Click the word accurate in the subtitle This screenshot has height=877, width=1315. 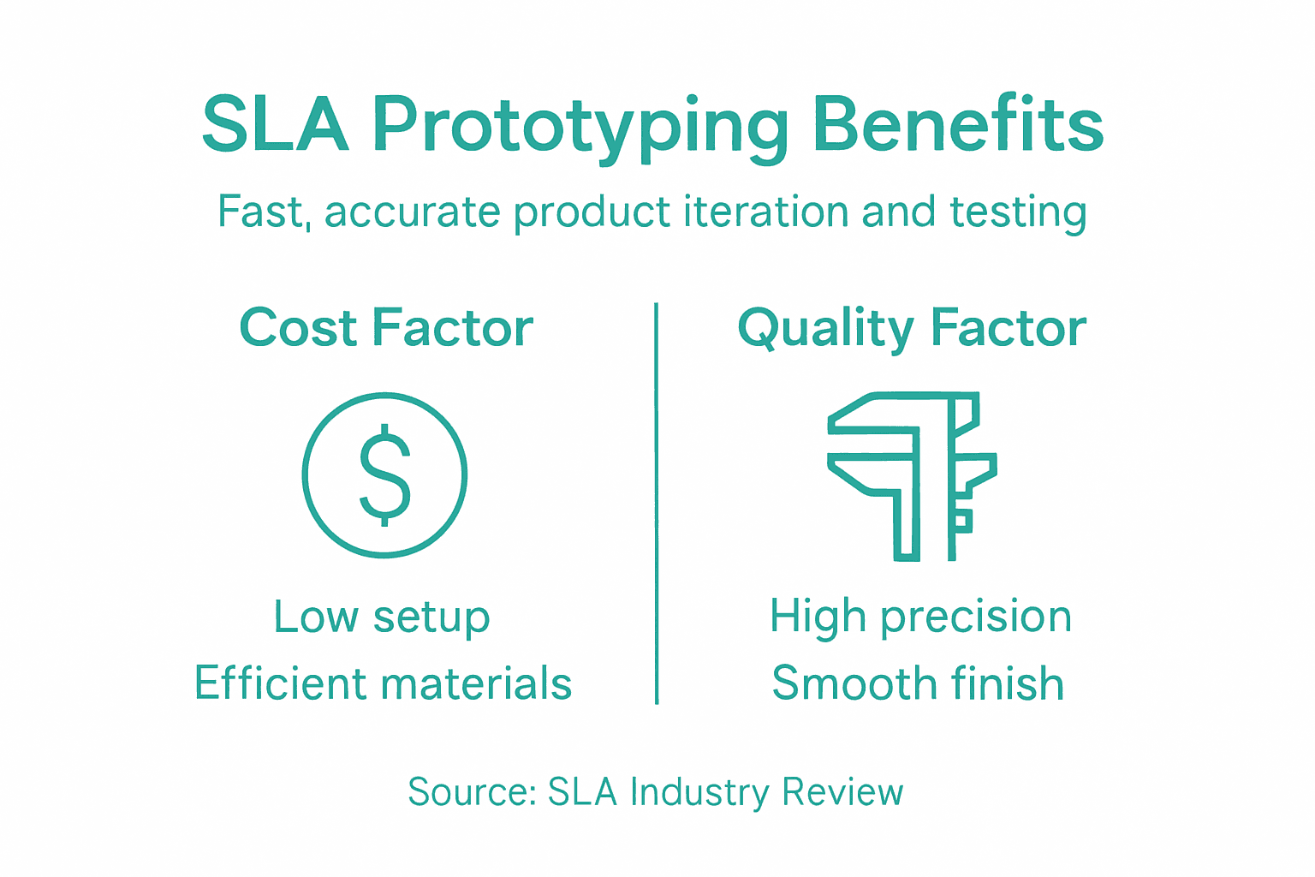click(412, 212)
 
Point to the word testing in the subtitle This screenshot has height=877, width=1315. click(1018, 212)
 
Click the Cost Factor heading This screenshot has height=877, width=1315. click(386, 328)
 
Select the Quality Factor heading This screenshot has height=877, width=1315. click(912, 329)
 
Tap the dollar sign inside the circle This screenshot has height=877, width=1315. click(384, 474)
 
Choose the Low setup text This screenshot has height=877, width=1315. click(382, 617)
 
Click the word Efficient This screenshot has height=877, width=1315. click(280, 683)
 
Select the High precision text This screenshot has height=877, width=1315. click(920, 617)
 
